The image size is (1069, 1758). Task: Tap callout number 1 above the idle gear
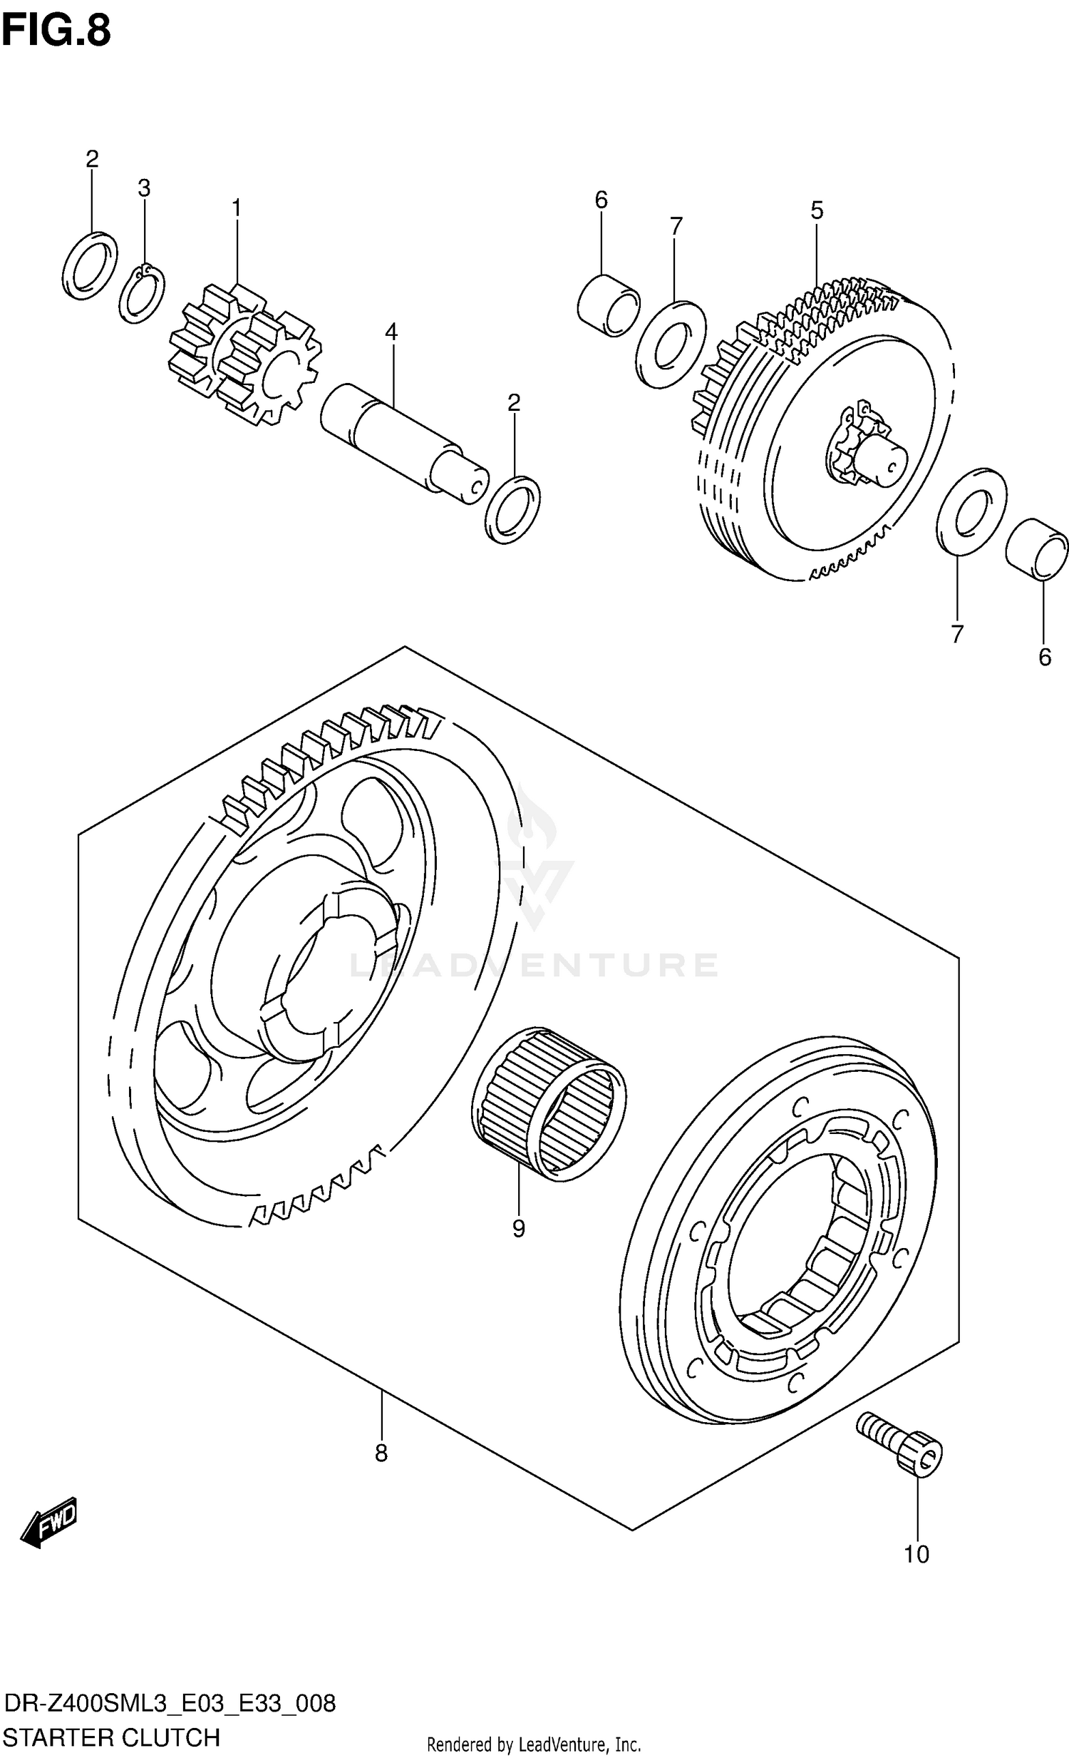pos(236,208)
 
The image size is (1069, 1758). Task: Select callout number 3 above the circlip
pos(144,188)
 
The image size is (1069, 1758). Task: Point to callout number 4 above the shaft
pos(391,332)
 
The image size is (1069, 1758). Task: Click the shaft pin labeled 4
pos(403,443)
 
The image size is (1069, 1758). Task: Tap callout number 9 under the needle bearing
pos(518,1229)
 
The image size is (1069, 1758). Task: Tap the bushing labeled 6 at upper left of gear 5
pos(609,305)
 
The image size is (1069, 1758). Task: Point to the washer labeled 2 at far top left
pos(90,265)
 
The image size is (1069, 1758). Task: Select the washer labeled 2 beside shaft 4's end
pos(512,509)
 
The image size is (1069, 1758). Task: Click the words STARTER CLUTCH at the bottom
pos(111,1737)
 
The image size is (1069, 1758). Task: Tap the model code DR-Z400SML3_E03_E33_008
pos(168,1703)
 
